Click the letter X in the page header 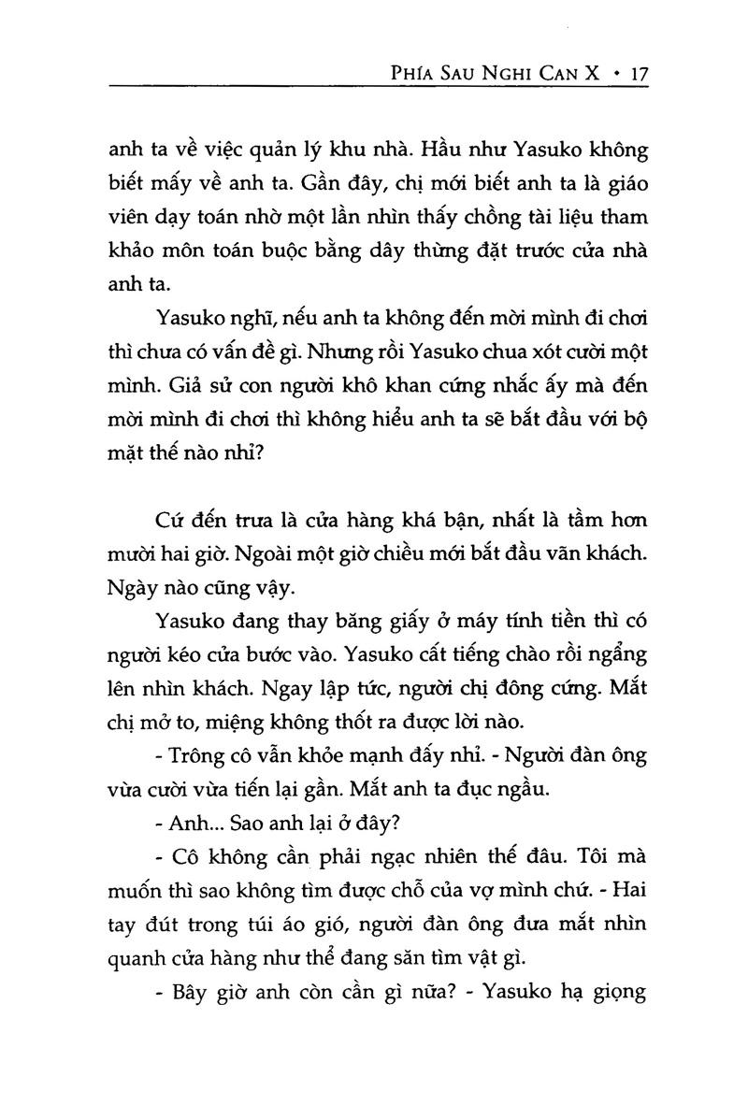tap(592, 71)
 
